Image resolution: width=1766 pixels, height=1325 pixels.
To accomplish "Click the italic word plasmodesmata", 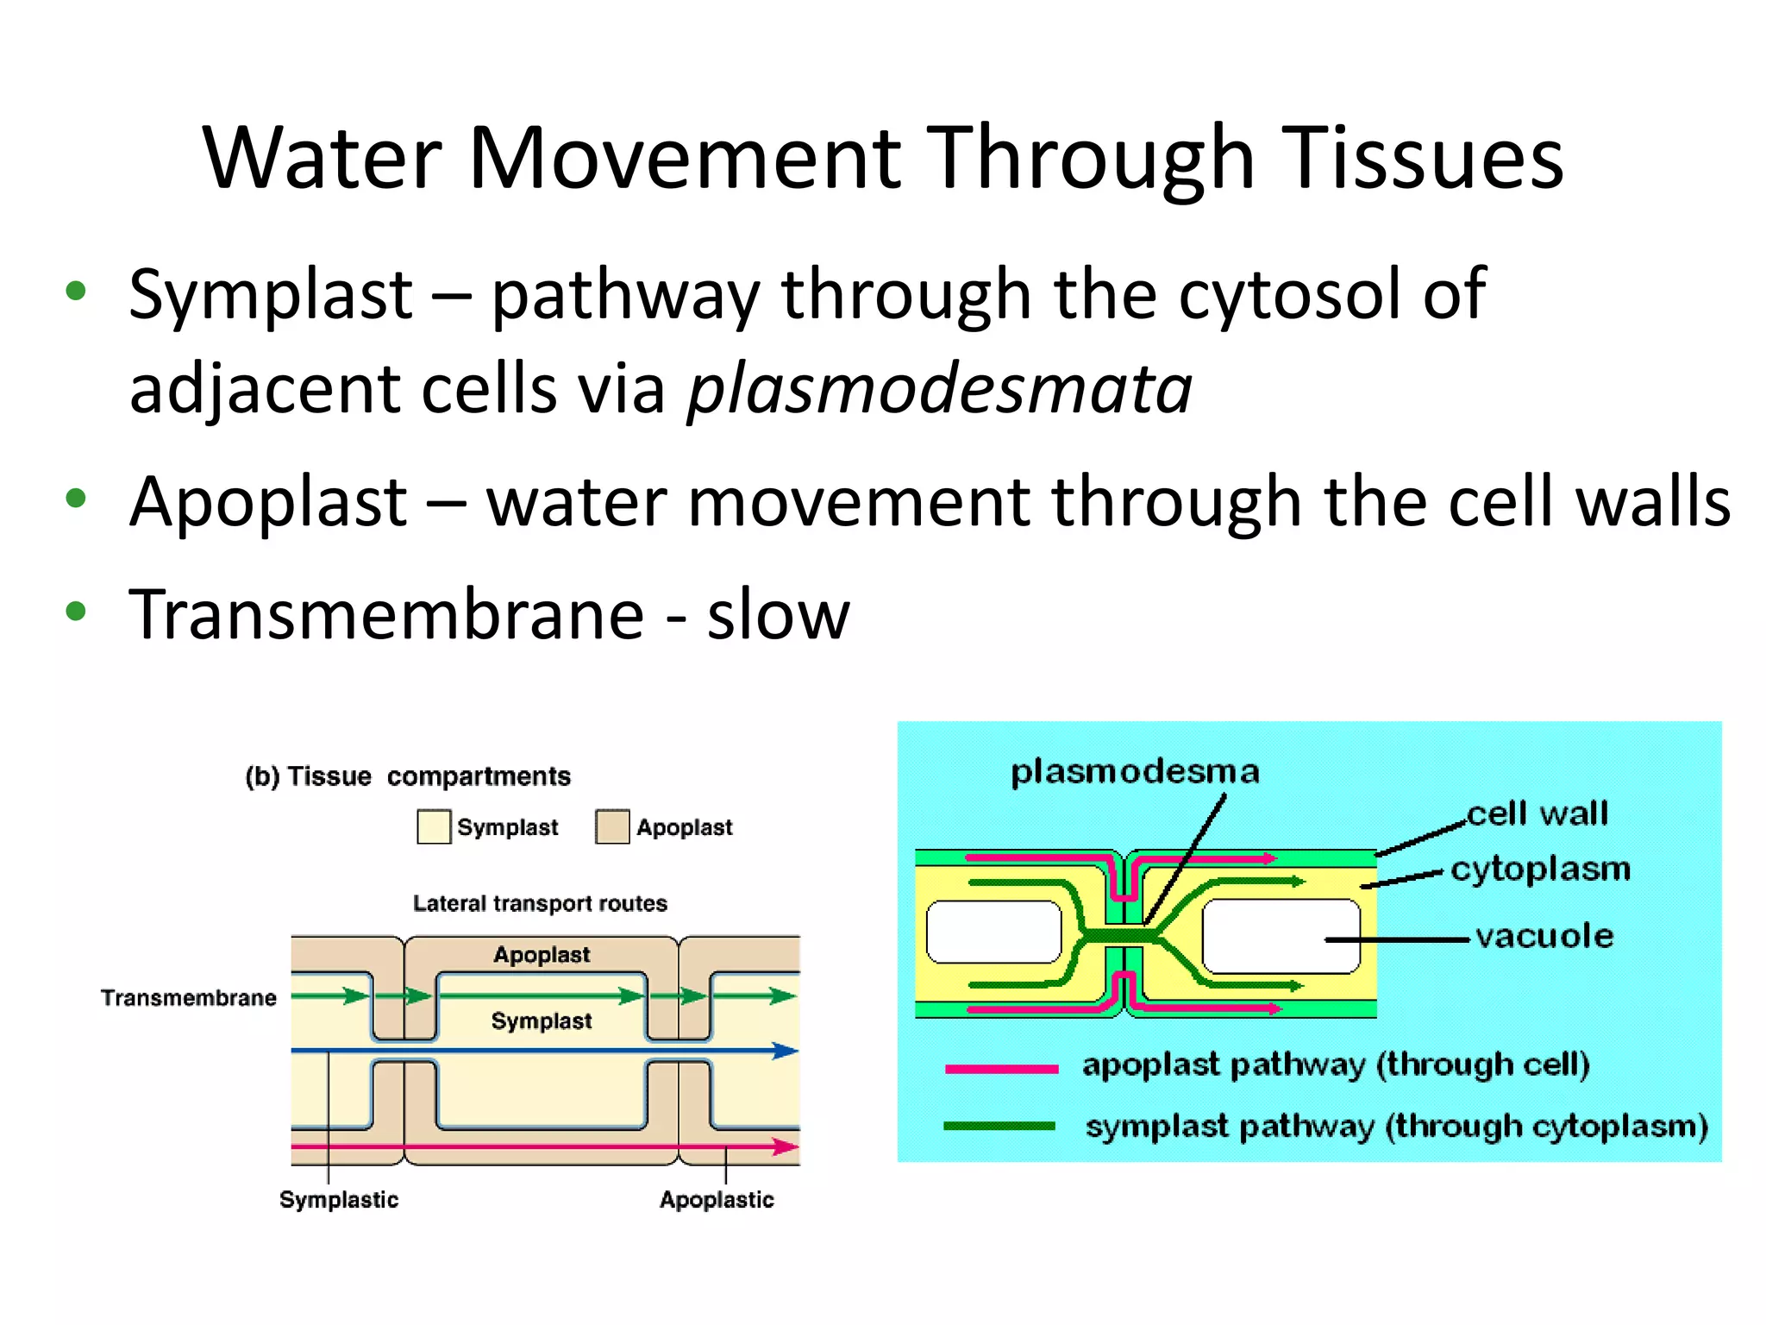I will pyautogui.click(x=939, y=390).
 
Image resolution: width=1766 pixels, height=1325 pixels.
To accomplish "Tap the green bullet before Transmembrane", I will pyautogui.click(x=76, y=612).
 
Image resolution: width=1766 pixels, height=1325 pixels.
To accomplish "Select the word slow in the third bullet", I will pyautogui.click(x=778, y=615).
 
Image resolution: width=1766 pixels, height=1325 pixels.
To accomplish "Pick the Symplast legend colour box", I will pyautogui.click(x=433, y=826).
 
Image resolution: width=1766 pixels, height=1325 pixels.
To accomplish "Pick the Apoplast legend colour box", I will pyautogui.click(x=612, y=826).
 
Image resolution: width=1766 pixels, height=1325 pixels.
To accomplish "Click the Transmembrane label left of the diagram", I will pyautogui.click(x=189, y=998).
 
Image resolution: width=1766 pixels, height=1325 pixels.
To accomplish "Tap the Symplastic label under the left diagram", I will pyautogui.click(x=339, y=1200).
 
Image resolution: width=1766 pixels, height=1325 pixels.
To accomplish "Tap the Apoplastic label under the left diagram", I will pyautogui.click(x=717, y=1200).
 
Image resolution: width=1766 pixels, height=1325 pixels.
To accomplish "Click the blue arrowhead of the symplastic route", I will pyautogui.click(x=786, y=1051).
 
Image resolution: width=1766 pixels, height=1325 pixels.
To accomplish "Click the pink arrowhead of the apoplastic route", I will pyautogui.click(x=786, y=1146).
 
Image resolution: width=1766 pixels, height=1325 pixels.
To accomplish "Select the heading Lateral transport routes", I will pyautogui.click(x=540, y=903).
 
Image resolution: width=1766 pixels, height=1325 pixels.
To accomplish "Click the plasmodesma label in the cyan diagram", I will pyautogui.click(x=1135, y=771).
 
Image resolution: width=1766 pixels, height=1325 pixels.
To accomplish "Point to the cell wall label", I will pyautogui.click(x=1537, y=813).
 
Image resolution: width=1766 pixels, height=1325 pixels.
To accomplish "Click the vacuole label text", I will pyautogui.click(x=1544, y=936).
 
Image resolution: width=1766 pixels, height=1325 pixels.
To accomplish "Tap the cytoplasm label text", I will pyautogui.click(x=1541, y=869).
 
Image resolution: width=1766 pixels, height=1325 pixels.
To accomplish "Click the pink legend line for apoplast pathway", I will pyautogui.click(x=1001, y=1069).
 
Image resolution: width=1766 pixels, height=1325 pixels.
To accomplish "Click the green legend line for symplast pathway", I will pyautogui.click(x=999, y=1126).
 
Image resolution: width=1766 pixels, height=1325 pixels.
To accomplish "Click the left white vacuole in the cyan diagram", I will pyautogui.click(x=993, y=932).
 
